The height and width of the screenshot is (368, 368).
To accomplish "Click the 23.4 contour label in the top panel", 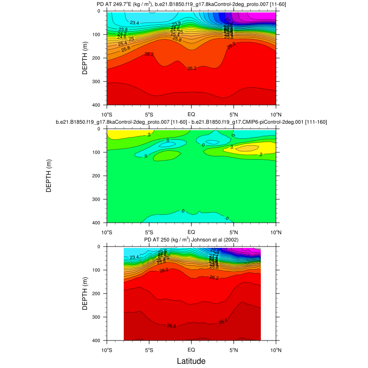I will coord(135,23).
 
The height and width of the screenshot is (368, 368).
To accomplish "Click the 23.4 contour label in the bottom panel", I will coord(135,258).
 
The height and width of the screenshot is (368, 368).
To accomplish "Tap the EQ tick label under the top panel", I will coord(191,115).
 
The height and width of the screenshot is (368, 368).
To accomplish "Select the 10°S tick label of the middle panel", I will coord(107,232).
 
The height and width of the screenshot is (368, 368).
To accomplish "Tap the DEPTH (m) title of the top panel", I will coord(85,58).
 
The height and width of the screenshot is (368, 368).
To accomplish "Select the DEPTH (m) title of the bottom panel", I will coord(85,293).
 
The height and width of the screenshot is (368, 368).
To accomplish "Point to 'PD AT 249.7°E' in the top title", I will coord(118,4).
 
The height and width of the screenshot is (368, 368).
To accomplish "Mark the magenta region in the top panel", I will coord(262,16).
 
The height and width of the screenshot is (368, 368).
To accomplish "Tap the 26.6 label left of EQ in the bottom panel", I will coord(171,326).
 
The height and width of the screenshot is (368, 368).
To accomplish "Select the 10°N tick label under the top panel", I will coord(276,115).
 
